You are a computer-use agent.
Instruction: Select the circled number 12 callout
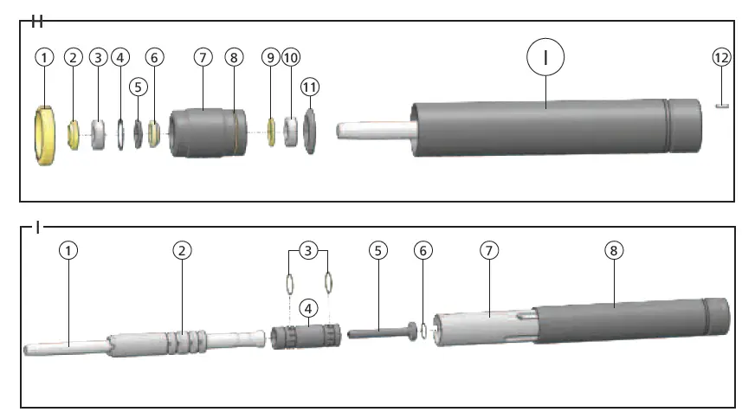pyautogui.click(x=722, y=57)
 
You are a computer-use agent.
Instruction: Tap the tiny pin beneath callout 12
pyautogui.click(x=722, y=106)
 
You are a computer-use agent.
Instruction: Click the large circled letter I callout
pyautogui.click(x=545, y=57)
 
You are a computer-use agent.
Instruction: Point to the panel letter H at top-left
pyautogui.click(x=37, y=19)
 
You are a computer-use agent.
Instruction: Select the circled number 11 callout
pyautogui.click(x=309, y=87)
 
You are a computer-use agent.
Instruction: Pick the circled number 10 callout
pyautogui.click(x=291, y=57)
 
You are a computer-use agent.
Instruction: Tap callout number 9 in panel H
pyautogui.click(x=270, y=57)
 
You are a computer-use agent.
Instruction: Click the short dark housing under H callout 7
pyautogui.click(x=203, y=132)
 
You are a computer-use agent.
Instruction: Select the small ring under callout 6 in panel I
pyautogui.click(x=422, y=330)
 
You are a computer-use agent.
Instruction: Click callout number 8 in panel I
pyautogui.click(x=613, y=250)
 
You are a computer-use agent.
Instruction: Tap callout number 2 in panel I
pyautogui.click(x=181, y=250)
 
